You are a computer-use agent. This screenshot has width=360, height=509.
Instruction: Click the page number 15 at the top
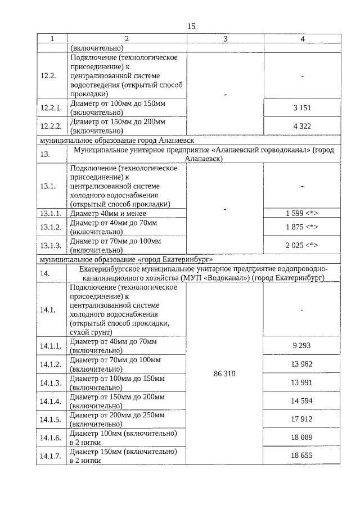pyautogui.click(x=191, y=26)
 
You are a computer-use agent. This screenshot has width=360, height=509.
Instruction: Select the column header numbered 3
pyautogui.click(x=225, y=39)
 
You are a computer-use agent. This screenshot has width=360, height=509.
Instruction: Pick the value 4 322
pyautogui.click(x=301, y=126)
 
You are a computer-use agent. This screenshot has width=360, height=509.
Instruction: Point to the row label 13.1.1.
pyautogui.click(x=52, y=214)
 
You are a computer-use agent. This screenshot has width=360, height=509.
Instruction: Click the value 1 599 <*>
pyautogui.click(x=301, y=214)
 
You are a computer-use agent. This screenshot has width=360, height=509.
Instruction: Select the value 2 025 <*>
pyautogui.click(x=301, y=245)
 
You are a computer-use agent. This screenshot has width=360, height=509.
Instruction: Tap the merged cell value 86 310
pyautogui.click(x=225, y=373)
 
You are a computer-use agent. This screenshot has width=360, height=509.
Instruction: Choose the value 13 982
pyautogui.click(x=301, y=364)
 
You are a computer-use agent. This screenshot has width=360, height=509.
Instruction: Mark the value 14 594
pyautogui.click(x=301, y=401)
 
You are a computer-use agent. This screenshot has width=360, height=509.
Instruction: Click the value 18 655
pyautogui.click(x=301, y=456)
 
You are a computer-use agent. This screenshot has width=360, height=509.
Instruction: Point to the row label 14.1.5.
pyautogui.click(x=52, y=420)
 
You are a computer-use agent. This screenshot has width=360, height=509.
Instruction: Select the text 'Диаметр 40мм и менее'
pyautogui.click(x=108, y=214)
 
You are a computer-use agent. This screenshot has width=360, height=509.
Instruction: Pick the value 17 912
pyautogui.click(x=301, y=419)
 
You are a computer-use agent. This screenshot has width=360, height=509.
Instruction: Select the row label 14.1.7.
pyautogui.click(x=52, y=456)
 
